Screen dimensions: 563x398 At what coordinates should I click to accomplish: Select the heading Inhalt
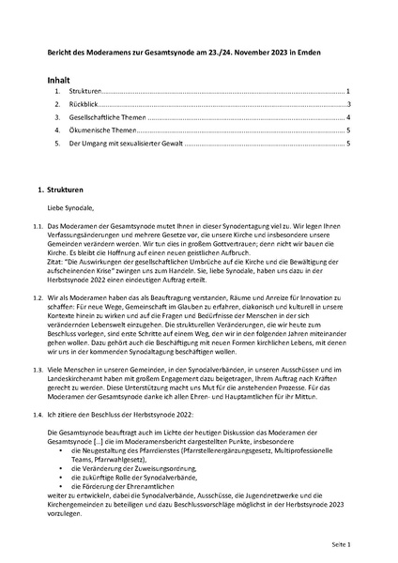click(x=61, y=82)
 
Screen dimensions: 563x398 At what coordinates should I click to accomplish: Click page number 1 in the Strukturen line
click(x=347, y=93)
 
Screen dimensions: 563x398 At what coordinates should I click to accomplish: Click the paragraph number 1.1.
click(x=38, y=228)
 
